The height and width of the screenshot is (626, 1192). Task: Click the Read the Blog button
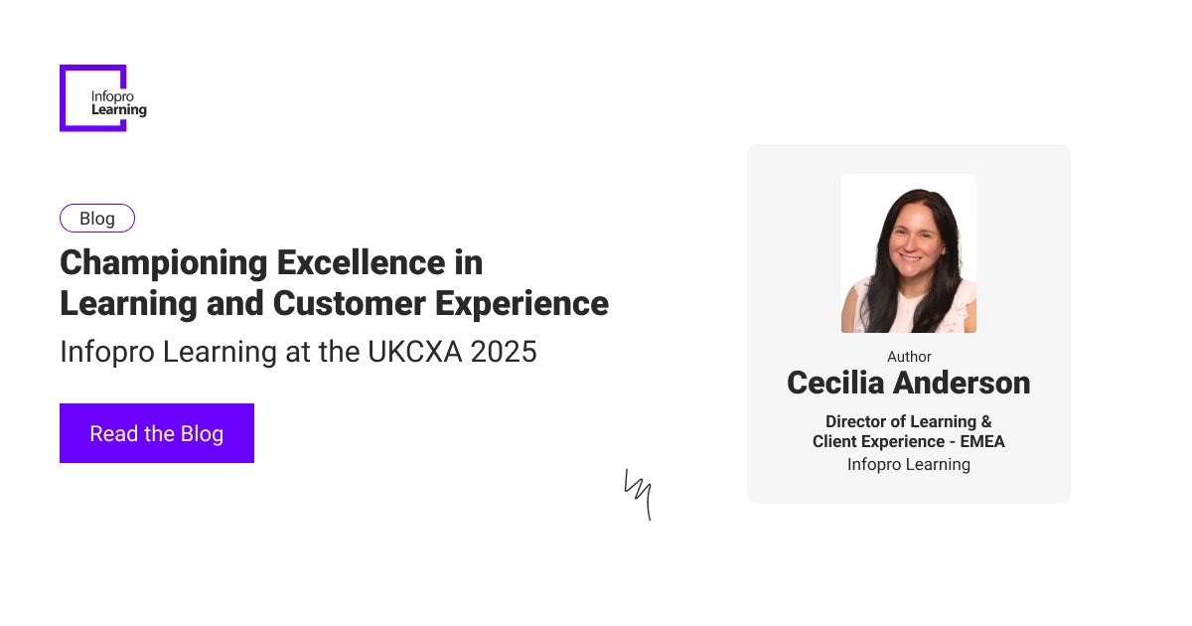(x=157, y=433)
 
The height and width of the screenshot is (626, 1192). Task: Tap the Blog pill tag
(x=97, y=219)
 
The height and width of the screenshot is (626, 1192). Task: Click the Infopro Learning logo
(x=103, y=98)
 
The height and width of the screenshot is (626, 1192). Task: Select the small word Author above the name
(x=909, y=357)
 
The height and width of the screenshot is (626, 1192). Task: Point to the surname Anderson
(x=970, y=383)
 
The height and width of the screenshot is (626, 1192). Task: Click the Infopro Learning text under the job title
(x=909, y=464)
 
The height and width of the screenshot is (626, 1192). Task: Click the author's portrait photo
(x=909, y=253)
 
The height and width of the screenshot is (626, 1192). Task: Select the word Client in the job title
(x=836, y=441)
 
